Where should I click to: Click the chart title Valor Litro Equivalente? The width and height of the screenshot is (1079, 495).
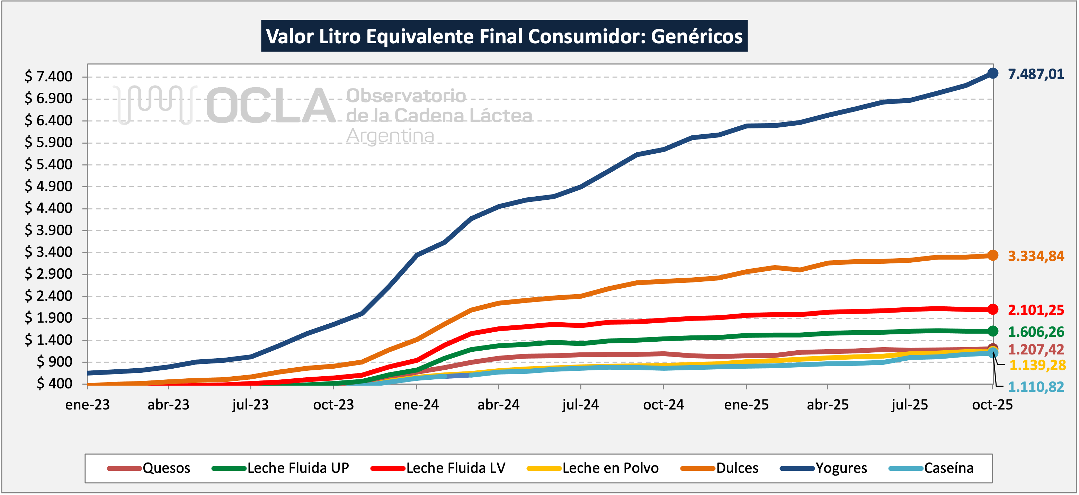click(504, 36)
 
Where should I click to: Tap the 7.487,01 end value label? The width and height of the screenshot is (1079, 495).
click(1035, 74)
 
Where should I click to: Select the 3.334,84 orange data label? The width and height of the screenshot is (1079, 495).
click(1035, 256)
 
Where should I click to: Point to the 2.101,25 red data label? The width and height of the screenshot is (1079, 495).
click(1035, 310)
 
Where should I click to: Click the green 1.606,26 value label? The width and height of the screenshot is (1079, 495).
click(1035, 332)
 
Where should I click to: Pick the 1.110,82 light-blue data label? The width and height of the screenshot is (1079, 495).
click(1035, 387)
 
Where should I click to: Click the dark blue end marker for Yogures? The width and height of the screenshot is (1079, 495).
click(992, 73)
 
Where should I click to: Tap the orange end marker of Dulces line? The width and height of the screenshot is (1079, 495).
click(992, 255)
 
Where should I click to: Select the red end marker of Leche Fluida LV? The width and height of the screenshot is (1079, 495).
click(992, 309)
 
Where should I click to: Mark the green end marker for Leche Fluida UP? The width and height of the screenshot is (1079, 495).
click(992, 331)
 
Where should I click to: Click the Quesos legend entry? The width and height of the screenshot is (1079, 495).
click(149, 468)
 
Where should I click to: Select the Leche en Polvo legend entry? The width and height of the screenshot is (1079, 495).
click(593, 468)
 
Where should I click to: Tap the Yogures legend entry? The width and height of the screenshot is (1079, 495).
click(823, 468)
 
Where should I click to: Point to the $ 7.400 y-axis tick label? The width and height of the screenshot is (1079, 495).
click(48, 76)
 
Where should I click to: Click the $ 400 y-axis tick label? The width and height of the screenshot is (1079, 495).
click(54, 383)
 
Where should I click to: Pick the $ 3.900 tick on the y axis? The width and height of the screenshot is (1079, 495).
click(48, 230)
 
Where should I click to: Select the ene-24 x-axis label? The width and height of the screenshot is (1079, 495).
click(416, 405)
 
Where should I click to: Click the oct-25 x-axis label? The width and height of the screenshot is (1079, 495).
click(992, 405)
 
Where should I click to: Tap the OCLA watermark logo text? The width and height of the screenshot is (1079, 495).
click(270, 106)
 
